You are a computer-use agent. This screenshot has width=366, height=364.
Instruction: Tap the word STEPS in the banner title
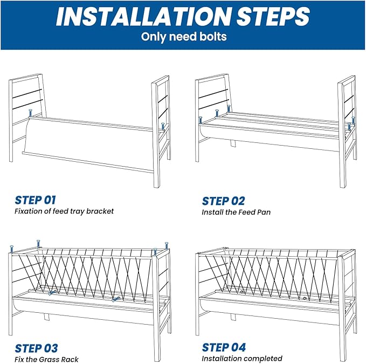pyautogui.click(x=273, y=16)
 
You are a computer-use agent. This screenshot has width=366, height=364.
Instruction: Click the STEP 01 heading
pyautogui.click(x=35, y=200)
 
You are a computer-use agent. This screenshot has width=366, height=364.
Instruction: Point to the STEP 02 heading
pyautogui.click(x=223, y=201)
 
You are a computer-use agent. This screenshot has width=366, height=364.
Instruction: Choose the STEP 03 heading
pyautogui.click(x=36, y=348)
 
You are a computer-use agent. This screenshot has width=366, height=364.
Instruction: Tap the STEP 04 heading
pyautogui.click(x=224, y=347)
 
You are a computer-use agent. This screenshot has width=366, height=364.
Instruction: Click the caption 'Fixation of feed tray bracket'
pyautogui.click(x=64, y=211)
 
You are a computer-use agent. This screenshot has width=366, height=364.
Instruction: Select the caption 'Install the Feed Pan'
pyautogui.click(x=236, y=212)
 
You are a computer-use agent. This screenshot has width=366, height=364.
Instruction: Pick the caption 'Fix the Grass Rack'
pyautogui.click(x=46, y=359)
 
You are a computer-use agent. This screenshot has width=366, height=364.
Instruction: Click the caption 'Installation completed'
pyautogui.click(x=242, y=359)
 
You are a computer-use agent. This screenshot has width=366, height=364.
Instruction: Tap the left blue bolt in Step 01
pyautogui.click(x=30, y=113)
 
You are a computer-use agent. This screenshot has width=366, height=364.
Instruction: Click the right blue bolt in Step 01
pyautogui.click(x=163, y=127)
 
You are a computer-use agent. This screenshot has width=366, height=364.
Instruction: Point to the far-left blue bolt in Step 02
pyautogui.click(x=201, y=120)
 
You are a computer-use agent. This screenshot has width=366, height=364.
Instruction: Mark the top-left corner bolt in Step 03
pyautogui.click(x=11, y=249)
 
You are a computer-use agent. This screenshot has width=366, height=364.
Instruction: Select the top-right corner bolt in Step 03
pyautogui.click(x=167, y=246)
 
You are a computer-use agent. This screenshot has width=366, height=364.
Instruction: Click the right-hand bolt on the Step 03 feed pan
pyautogui.click(x=115, y=299)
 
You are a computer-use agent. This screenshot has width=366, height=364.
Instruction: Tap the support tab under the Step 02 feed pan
pyautogui.click(x=233, y=143)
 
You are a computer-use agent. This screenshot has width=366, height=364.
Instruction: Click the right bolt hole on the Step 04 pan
pyautogui.click(x=305, y=298)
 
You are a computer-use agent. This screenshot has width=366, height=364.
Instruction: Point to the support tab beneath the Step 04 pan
pyautogui.click(x=233, y=317)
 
